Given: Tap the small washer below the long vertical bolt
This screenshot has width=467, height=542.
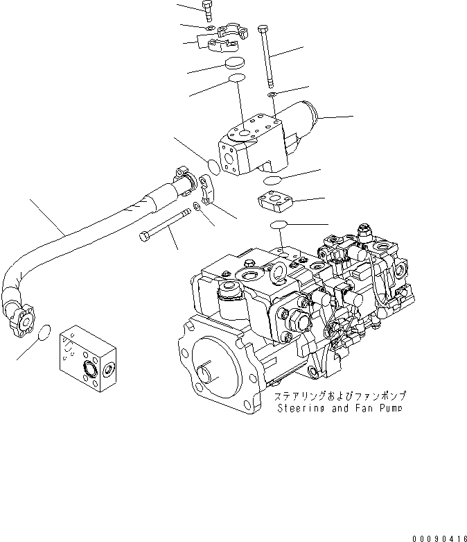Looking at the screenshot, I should click(272, 94).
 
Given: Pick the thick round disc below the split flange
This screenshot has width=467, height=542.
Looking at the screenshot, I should click(236, 65).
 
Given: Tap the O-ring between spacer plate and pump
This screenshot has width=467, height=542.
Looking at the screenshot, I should click(279, 225).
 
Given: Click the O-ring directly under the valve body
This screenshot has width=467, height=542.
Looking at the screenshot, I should click(272, 180).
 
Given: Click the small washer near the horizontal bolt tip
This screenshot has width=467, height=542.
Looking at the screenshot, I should click(200, 207).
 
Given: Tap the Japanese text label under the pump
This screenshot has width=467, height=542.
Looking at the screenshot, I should click(340, 396).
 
